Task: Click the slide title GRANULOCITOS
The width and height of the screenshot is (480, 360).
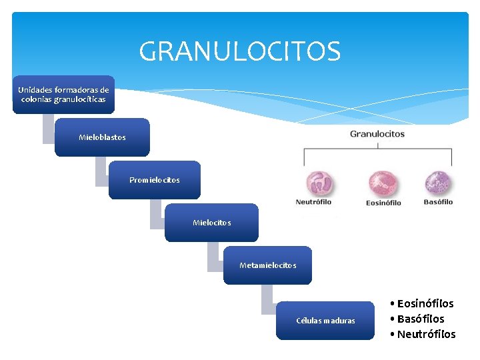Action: tap(240, 51)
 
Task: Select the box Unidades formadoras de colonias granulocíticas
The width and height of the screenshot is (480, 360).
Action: tap(63, 95)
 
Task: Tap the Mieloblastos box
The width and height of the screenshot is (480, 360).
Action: tap(102, 137)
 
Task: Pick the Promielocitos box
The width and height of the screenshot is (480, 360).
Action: tap(155, 180)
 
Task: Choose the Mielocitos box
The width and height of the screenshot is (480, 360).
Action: tap(211, 223)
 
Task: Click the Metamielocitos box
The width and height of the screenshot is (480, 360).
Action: tap(267, 265)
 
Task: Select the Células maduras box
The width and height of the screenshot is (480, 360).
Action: tap(325, 321)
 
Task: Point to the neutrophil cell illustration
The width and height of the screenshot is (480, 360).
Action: tap(319, 183)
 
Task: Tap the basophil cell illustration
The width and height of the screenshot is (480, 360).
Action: tap(438, 183)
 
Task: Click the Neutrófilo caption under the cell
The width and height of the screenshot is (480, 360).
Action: tap(313, 202)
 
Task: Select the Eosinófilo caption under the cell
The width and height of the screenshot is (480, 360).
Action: tap(383, 203)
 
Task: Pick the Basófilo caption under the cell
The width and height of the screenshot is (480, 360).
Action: tap(438, 202)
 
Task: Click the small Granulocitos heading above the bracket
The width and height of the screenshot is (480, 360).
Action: tap(377, 134)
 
